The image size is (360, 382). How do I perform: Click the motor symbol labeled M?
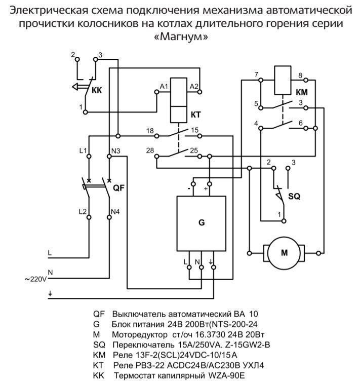click(x=284, y=251)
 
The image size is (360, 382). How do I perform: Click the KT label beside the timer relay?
click(x=196, y=115)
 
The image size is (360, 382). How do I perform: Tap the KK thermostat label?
click(x=97, y=91)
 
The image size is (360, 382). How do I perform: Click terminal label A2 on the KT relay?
click(x=194, y=87)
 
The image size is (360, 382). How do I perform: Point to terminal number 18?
click(x=150, y=131)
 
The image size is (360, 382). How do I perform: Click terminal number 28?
click(x=150, y=150)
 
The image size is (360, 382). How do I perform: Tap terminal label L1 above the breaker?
click(x=84, y=150)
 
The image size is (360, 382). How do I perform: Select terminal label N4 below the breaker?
click(x=115, y=210)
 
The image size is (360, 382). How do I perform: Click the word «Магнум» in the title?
click(x=180, y=37)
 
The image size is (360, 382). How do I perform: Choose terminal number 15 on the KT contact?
click(x=194, y=131)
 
